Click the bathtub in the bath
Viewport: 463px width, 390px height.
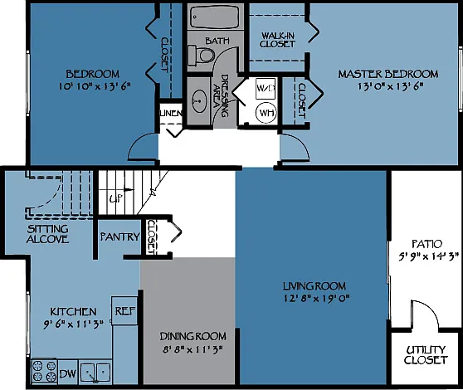point(215,17)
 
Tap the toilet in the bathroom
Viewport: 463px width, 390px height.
point(202,56)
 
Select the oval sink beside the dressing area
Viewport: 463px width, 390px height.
point(200,101)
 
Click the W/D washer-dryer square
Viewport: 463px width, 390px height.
point(266,88)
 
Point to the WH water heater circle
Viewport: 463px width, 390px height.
point(266,113)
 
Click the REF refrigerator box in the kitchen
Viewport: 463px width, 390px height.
point(124,311)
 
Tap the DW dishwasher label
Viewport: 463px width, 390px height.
point(67,373)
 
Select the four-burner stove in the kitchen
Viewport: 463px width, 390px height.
point(44,371)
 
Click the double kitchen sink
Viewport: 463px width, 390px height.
point(95,373)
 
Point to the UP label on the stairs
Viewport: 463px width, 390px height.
point(116,198)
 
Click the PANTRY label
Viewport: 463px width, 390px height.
point(119,236)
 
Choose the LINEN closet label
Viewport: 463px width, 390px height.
point(171,113)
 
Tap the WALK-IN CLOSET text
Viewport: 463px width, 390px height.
point(277,40)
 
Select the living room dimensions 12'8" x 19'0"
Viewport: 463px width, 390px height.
point(316,299)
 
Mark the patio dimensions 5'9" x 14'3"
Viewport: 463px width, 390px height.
point(429,256)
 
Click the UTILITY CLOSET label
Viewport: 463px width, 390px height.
point(426,355)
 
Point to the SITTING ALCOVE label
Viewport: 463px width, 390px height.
point(47,234)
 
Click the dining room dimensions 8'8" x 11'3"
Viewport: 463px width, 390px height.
point(193,349)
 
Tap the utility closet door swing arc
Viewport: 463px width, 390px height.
point(432,309)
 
